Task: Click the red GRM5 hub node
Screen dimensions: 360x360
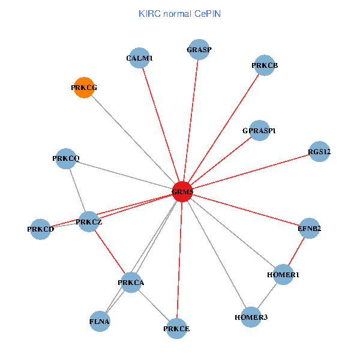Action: point(182,192)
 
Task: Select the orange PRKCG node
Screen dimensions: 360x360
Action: point(84,88)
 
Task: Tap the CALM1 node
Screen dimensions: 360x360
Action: point(140,58)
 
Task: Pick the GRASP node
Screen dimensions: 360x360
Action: point(199,50)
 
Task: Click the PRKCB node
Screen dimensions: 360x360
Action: point(264,65)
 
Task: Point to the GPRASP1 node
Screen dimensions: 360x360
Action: point(259,130)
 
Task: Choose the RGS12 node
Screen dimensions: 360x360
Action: point(319,152)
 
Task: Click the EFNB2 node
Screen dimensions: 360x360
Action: point(310,228)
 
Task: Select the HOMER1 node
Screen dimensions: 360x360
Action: point(283,274)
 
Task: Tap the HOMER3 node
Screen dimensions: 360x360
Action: point(251,316)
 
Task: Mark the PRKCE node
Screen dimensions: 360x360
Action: point(176,328)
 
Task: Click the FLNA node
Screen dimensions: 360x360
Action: point(100,321)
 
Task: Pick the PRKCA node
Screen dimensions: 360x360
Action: point(131,282)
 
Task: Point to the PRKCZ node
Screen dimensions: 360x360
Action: point(89,222)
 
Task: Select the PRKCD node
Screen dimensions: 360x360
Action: point(40,229)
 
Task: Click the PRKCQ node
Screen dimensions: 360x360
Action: point(65,159)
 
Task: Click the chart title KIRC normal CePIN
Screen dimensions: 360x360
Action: point(179,13)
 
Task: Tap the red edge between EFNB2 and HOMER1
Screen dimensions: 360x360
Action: point(296,251)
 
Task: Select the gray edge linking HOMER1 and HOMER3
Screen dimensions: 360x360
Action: point(267,295)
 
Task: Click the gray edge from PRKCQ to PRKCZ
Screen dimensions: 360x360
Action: point(77,190)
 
